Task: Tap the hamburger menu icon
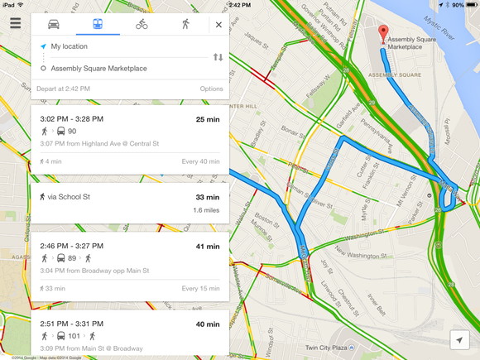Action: pos(16,22)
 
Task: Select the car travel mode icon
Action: pos(54,24)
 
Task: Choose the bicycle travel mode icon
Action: pos(142,24)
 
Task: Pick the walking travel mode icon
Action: pos(185,24)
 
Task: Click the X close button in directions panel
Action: pos(218,25)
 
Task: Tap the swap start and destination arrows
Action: pos(218,57)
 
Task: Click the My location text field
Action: pos(116,46)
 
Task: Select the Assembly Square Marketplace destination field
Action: pos(116,68)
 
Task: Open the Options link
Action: pos(211,89)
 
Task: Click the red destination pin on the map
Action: pos(383,33)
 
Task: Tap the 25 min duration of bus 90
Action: pos(207,119)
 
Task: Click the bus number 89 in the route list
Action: pos(72,258)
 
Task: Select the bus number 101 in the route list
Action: pos(74,336)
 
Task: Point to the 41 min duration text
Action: pos(207,246)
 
